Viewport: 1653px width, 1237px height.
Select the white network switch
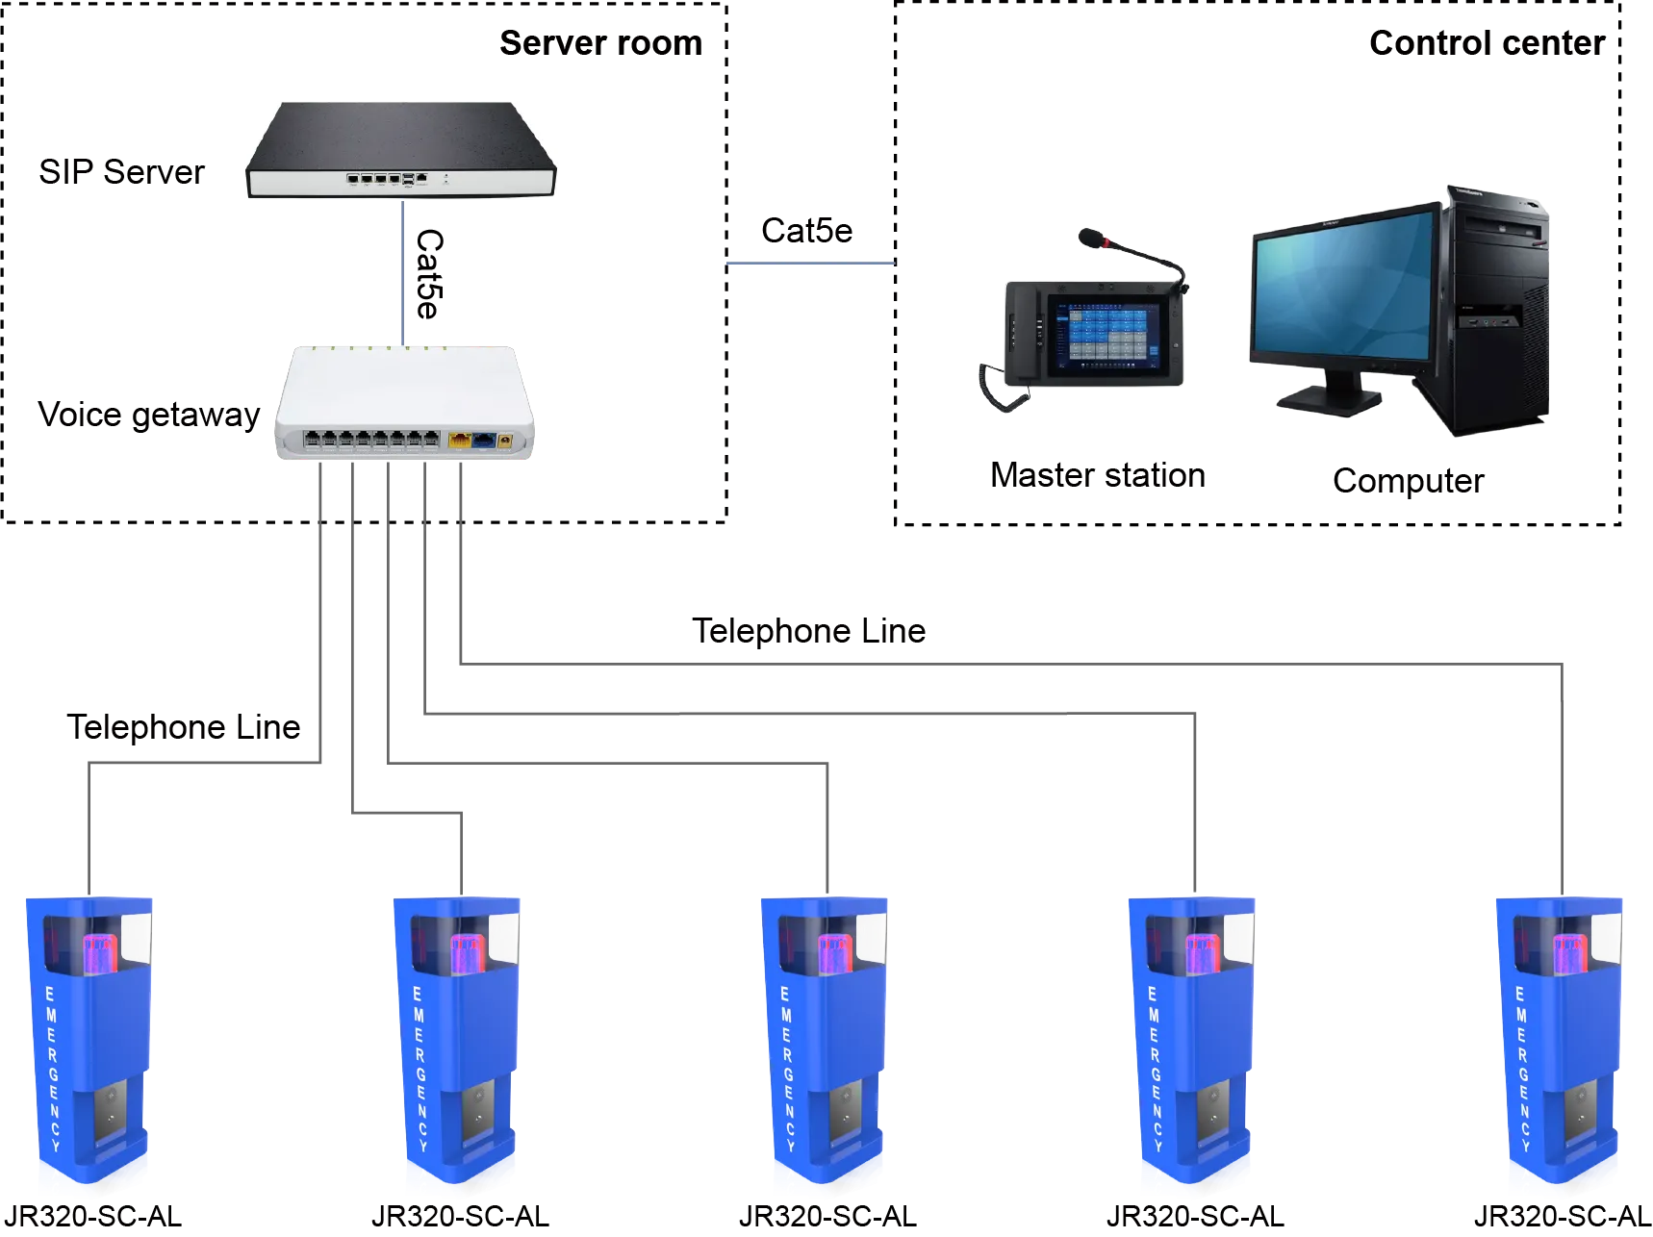(404, 399)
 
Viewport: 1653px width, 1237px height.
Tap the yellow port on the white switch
(459, 441)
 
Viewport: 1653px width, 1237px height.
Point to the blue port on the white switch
(484, 441)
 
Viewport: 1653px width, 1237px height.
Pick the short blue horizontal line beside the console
(810, 265)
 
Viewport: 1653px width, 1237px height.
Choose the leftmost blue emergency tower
(89, 1044)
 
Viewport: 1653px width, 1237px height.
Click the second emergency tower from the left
(457, 1044)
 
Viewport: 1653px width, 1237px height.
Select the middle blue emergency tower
(826, 1044)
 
